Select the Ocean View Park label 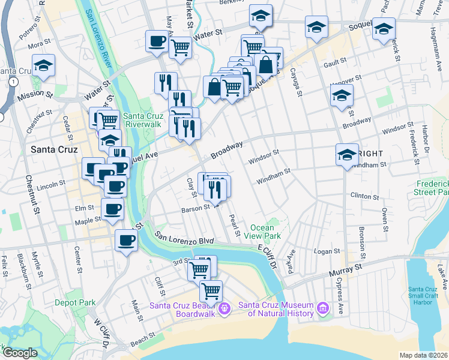(x=262, y=232)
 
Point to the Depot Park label (x=74, y=303)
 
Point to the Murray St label (x=351, y=265)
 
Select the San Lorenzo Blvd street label (x=184, y=241)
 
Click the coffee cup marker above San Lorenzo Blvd (x=126, y=241)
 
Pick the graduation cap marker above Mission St (x=43, y=66)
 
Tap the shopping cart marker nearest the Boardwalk (x=211, y=292)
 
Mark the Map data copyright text (x=424, y=355)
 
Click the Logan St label (x=328, y=251)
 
